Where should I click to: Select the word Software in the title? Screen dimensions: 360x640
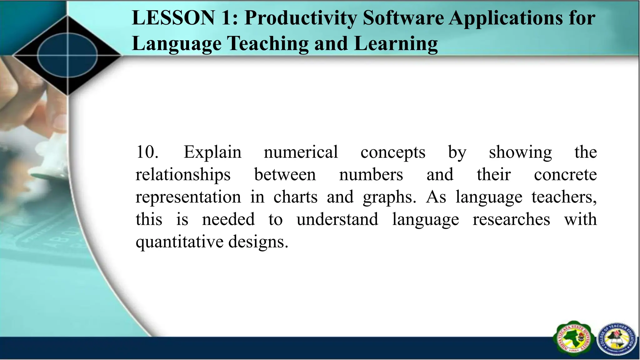[x=403, y=18]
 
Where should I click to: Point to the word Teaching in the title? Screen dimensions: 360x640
[x=268, y=44]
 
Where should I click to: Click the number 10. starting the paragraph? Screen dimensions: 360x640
[x=147, y=152]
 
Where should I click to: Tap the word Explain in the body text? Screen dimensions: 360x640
[x=212, y=153]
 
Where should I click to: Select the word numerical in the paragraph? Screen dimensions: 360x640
[x=301, y=152]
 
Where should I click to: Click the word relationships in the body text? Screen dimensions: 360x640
[x=183, y=175]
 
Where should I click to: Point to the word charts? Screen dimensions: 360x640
[x=295, y=197]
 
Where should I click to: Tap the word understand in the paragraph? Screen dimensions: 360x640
[x=337, y=219]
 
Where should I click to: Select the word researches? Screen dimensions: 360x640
[x=511, y=219]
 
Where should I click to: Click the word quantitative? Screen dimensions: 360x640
[x=179, y=242]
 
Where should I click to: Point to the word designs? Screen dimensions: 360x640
[x=258, y=242]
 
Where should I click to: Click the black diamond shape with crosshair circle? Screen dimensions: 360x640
[x=67, y=56]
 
